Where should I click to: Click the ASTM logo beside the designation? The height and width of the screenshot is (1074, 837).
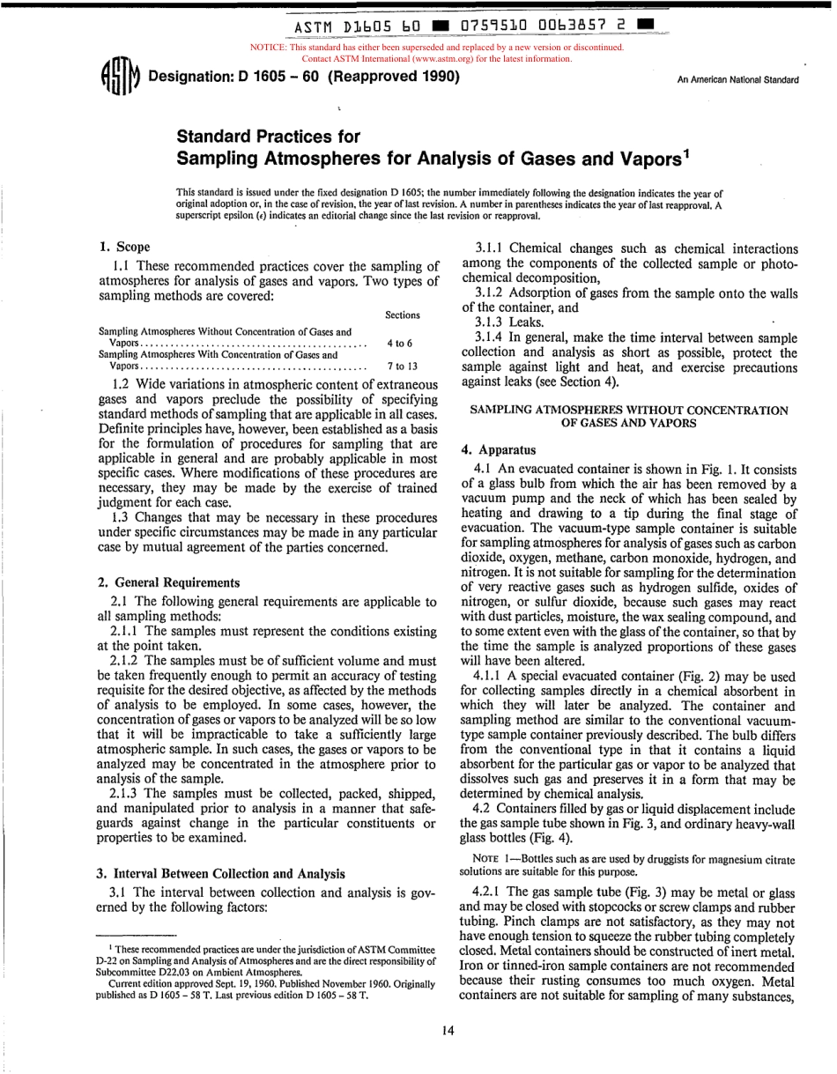121,78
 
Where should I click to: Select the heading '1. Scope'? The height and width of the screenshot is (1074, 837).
123,248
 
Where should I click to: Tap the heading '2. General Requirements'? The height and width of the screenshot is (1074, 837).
167,582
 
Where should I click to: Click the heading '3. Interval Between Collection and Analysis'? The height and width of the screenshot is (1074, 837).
220,873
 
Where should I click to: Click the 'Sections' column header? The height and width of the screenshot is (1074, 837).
403,315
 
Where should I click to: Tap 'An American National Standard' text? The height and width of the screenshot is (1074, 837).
737,80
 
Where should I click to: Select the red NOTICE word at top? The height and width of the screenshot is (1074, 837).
269,48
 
